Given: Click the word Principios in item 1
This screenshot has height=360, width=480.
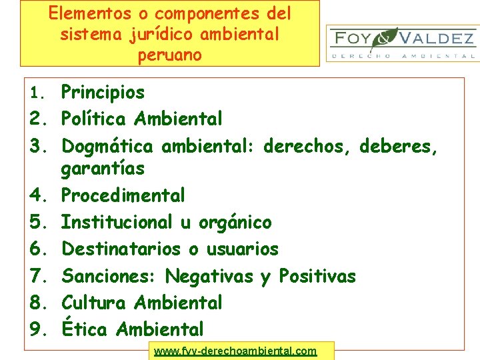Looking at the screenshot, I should click(103, 93).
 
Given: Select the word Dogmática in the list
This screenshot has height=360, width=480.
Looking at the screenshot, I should click(107, 146).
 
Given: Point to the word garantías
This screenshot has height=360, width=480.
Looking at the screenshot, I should click(103, 169).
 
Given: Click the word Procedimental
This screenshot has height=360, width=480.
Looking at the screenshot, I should click(123, 195).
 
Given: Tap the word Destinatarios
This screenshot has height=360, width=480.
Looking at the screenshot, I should click(121, 249).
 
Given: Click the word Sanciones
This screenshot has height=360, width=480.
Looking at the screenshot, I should click(109, 276).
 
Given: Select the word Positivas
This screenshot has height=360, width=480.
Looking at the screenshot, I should click(317, 276).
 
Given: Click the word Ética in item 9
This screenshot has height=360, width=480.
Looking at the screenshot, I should click(85, 328).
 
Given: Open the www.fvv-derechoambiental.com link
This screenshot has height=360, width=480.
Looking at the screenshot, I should click(235, 351).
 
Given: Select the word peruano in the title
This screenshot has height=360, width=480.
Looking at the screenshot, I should click(169, 55).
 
